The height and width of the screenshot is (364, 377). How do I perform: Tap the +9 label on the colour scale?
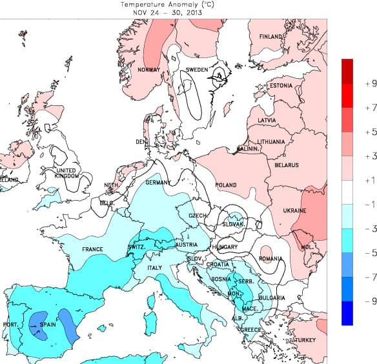click(x=370, y=84)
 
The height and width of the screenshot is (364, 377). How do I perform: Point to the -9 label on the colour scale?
click(x=370, y=301)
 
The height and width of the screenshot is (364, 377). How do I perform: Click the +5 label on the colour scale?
click(x=370, y=132)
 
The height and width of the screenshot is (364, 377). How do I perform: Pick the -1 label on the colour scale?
click(x=370, y=205)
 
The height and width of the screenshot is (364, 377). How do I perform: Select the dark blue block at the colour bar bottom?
click(x=348, y=313)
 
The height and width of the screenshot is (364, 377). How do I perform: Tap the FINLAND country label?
click(x=271, y=37)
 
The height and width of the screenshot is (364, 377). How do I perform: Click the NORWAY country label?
click(x=148, y=70)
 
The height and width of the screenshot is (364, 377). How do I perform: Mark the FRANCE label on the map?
click(x=92, y=249)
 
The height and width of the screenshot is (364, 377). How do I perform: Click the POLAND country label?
click(x=226, y=185)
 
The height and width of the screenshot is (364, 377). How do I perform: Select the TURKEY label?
click(x=305, y=340)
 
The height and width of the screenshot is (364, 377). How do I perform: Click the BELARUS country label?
click(x=286, y=165)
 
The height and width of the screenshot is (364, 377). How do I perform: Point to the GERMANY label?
click(x=158, y=183)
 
